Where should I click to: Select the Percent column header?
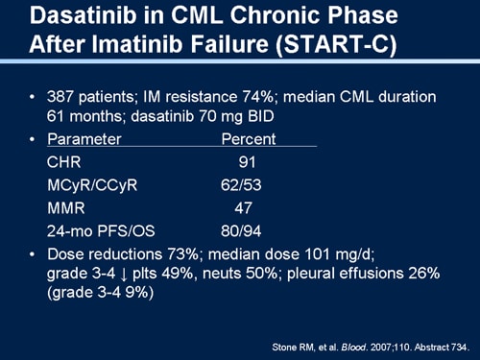[x=249, y=139]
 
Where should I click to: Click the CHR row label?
[x=64, y=162]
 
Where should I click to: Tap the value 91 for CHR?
[x=247, y=162]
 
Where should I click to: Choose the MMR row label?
[x=65, y=208]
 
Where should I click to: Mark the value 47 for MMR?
[x=246, y=208]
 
